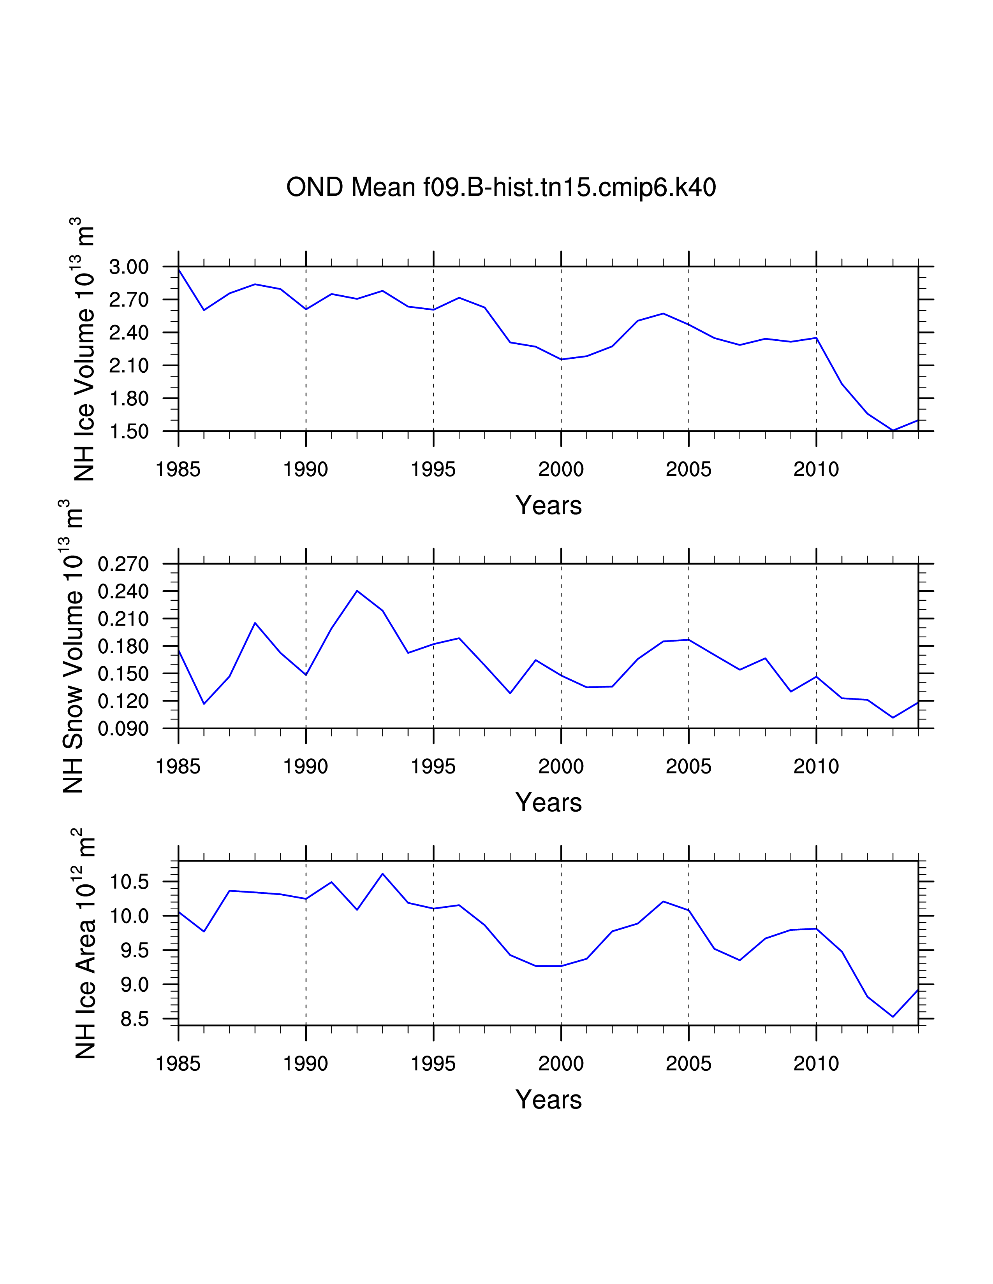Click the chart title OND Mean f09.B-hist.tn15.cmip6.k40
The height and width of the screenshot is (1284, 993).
[501, 188]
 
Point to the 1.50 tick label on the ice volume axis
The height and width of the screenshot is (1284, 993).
[129, 432]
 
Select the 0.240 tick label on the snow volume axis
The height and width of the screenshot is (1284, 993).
[123, 591]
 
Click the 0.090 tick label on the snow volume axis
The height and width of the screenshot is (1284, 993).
[123, 729]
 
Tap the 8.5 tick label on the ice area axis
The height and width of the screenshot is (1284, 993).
[135, 1019]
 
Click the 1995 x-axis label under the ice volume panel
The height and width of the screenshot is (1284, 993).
[433, 469]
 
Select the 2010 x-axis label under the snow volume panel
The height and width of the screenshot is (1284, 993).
[816, 767]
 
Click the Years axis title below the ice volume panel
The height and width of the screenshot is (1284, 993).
[548, 505]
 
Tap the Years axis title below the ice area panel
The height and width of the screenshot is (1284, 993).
[548, 1100]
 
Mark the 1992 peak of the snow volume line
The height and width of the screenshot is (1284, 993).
[357, 591]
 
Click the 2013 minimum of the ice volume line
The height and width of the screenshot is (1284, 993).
[893, 430]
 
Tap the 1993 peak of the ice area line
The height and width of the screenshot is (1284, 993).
[382, 874]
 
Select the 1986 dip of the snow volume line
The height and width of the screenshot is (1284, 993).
[204, 704]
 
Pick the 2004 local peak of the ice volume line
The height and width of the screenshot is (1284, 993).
[663, 313]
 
